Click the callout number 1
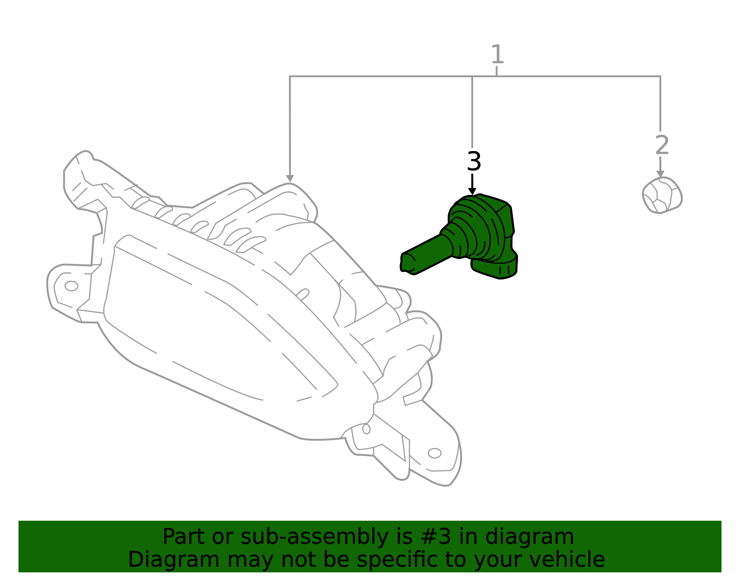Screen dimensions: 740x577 pyautogui.click(x=497, y=55)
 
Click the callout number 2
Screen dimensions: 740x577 pyautogui.click(x=662, y=145)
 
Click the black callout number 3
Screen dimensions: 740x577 pyautogui.click(x=474, y=162)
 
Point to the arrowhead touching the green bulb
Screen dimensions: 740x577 pyautogui.click(x=472, y=191)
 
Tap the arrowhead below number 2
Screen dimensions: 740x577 pyautogui.click(x=660, y=174)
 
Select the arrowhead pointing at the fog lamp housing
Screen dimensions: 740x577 pyautogui.click(x=290, y=178)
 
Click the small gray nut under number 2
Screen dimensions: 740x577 pyautogui.click(x=662, y=195)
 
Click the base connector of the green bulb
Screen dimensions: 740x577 pyautogui.click(x=494, y=268)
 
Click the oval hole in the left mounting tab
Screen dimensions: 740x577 pyautogui.click(x=71, y=286)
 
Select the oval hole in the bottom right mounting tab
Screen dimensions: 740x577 pyautogui.click(x=435, y=453)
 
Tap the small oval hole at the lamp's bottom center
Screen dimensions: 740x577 pyautogui.click(x=366, y=429)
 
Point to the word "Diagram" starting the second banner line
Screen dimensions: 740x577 pyautogui.click(x=174, y=560)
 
